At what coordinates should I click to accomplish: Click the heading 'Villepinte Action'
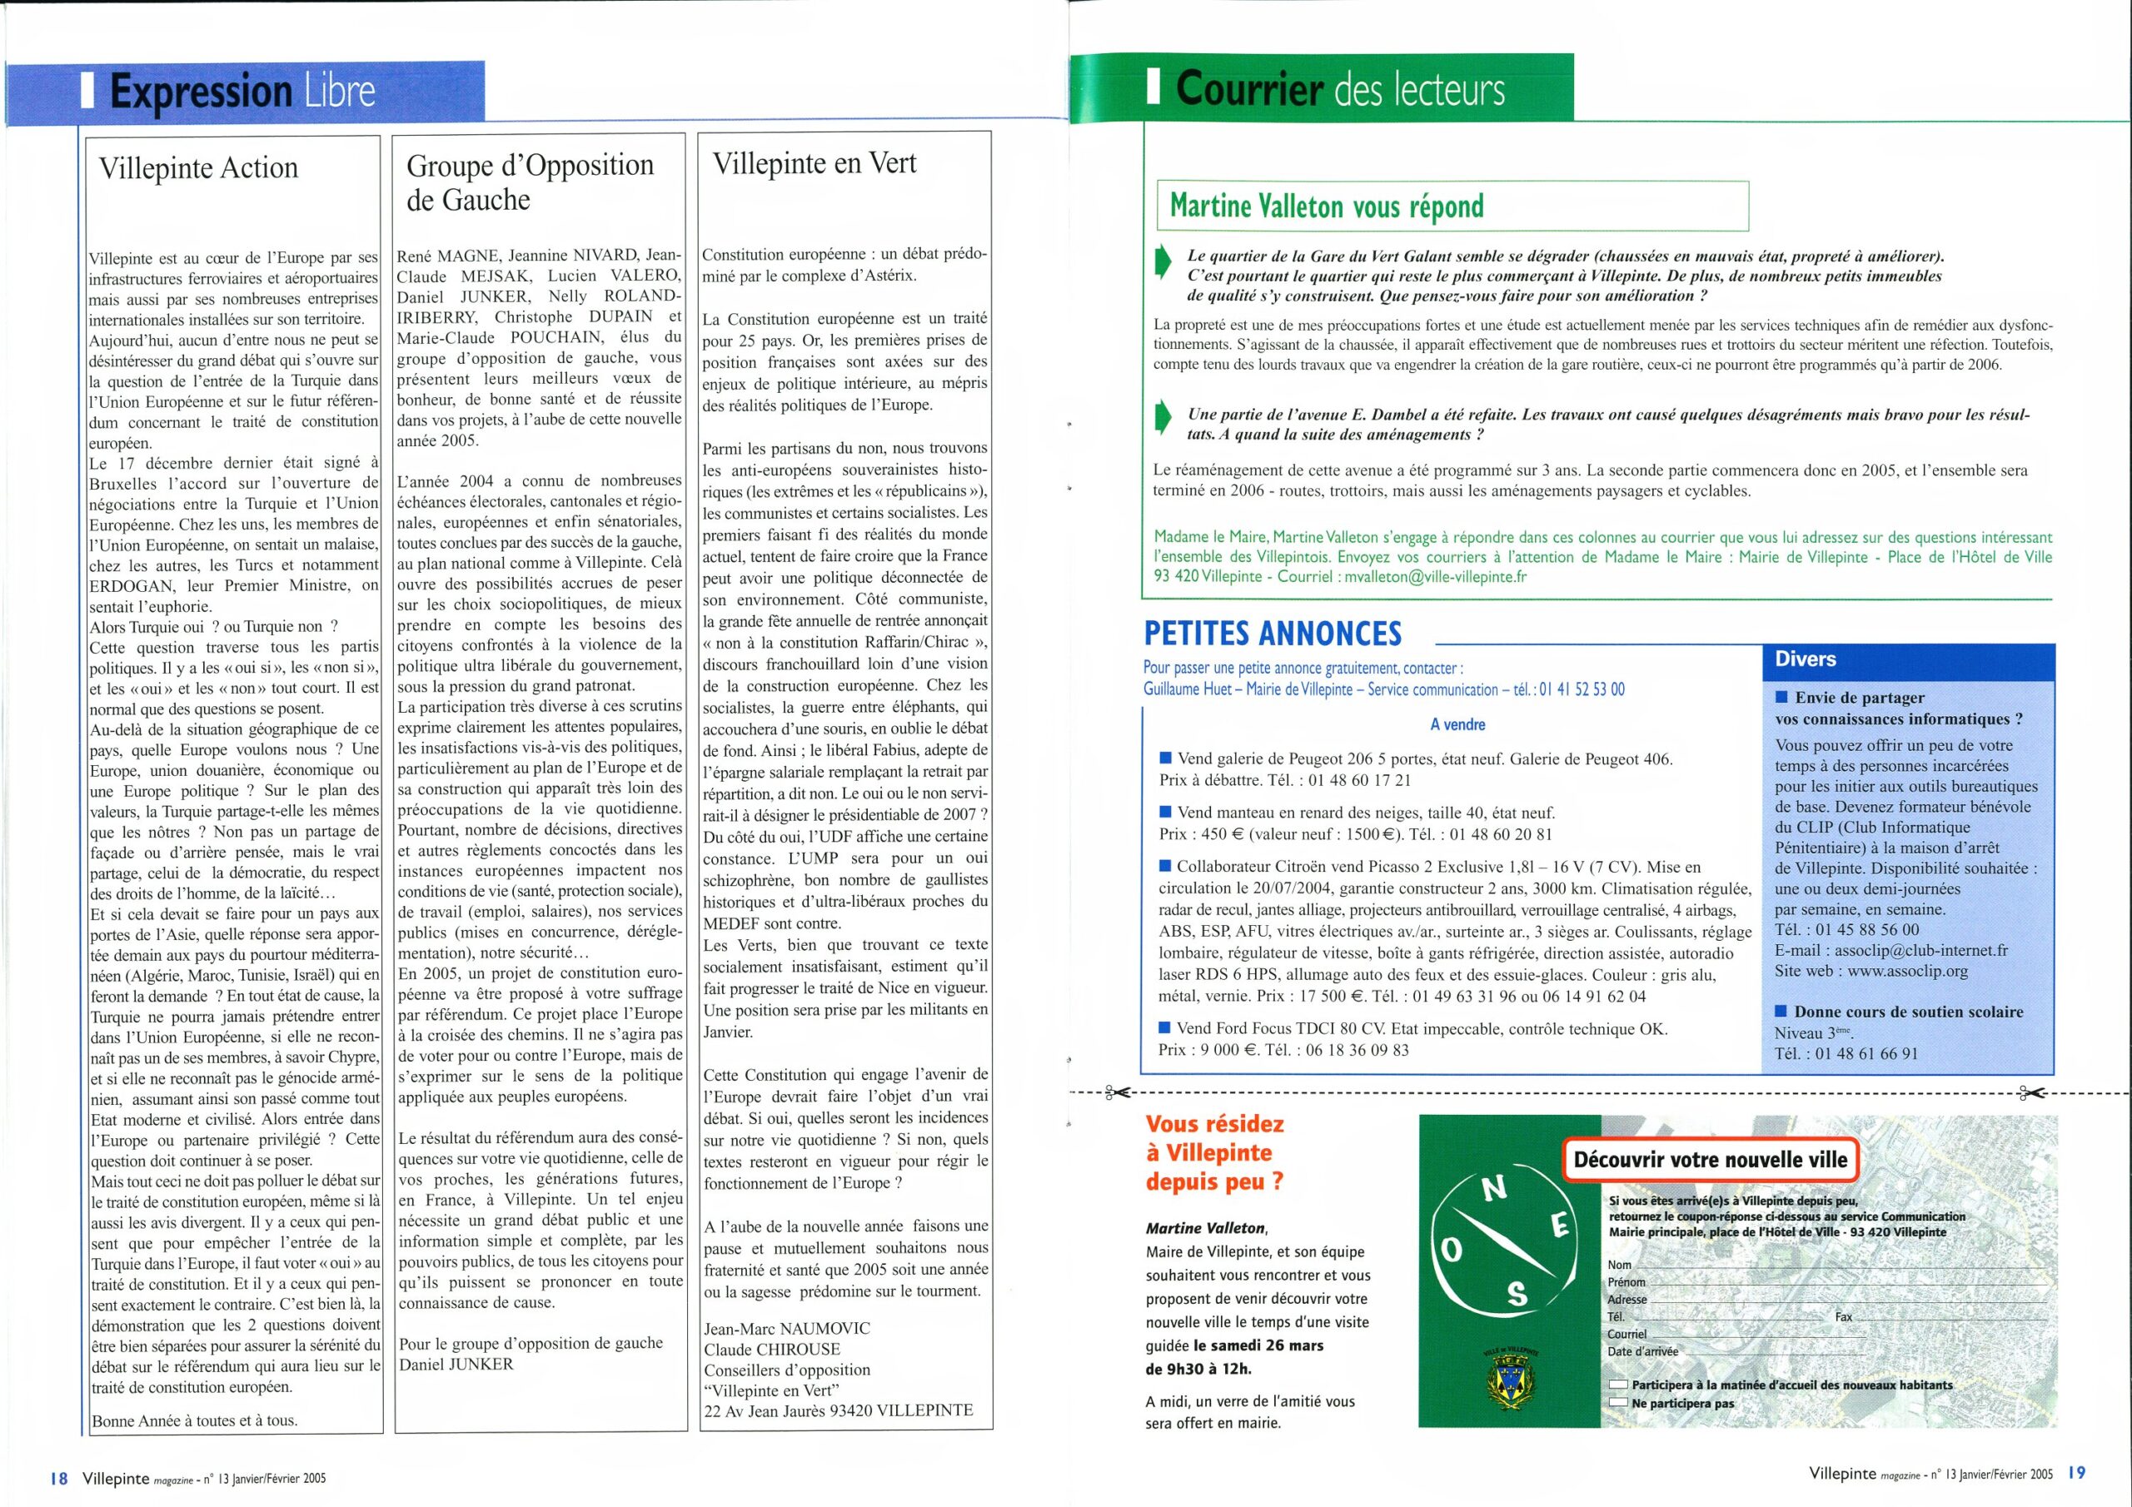199,168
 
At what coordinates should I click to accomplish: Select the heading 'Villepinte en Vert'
814,163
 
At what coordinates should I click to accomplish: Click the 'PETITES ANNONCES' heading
1273,634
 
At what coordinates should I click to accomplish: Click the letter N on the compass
1493,1191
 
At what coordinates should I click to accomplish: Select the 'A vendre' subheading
1458,724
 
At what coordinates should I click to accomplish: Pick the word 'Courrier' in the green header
1248,89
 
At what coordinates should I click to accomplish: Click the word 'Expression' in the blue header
201,92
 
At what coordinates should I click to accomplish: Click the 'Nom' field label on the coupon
1620,1265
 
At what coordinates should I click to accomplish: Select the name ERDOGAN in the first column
130,586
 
